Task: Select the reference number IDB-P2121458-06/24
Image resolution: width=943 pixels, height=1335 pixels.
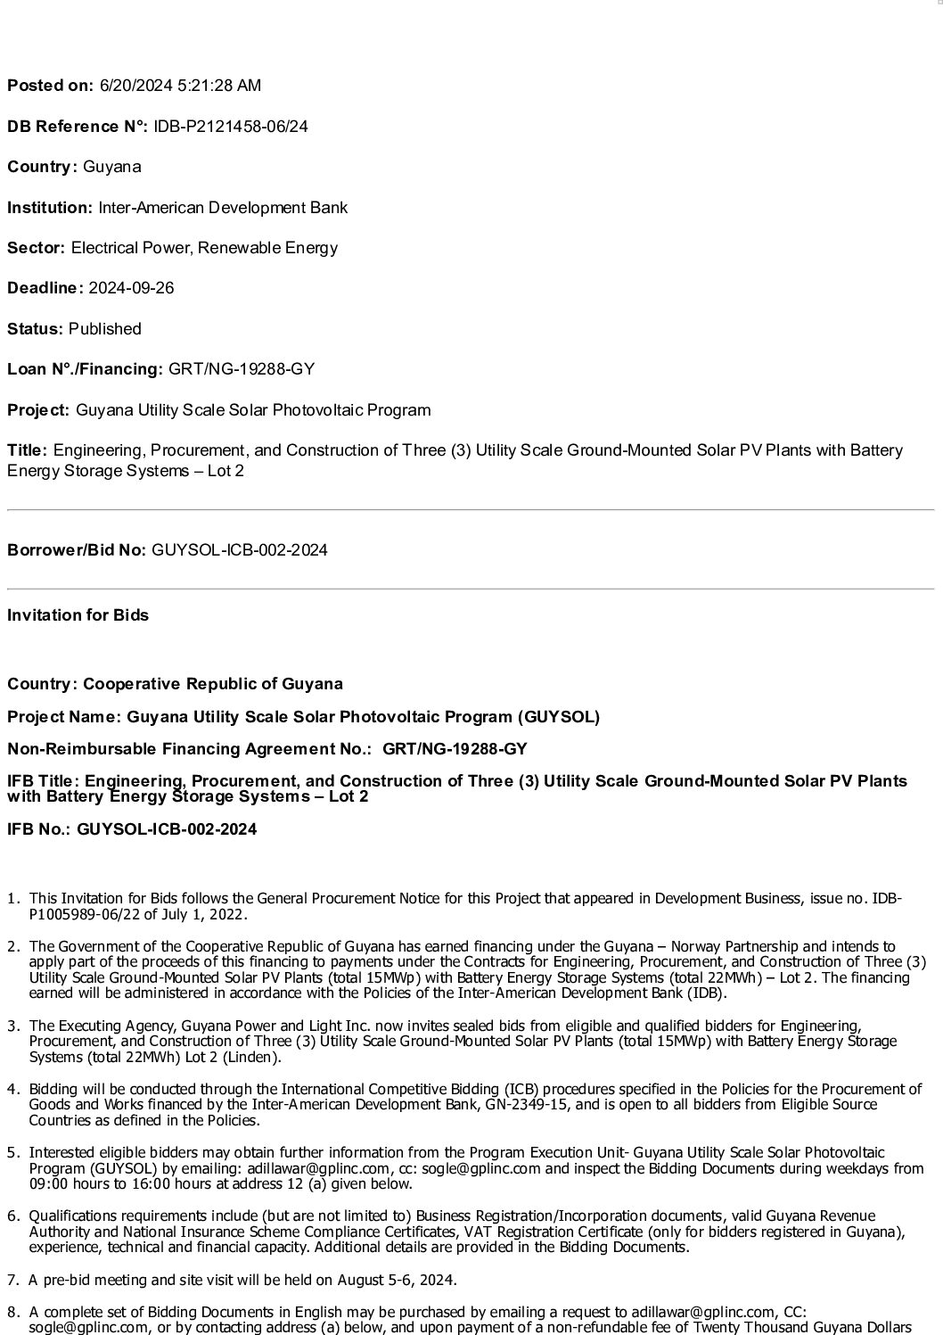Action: point(230,127)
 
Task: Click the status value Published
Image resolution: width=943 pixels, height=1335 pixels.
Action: point(104,329)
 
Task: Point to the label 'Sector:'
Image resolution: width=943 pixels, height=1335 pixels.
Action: point(37,248)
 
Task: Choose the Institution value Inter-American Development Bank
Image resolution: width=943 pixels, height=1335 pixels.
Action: point(223,208)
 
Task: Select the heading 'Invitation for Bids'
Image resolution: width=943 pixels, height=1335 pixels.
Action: point(78,615)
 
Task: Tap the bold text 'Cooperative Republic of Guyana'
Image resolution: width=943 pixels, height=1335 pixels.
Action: point(213,684)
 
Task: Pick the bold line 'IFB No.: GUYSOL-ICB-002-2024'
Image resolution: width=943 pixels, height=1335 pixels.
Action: point(132,829)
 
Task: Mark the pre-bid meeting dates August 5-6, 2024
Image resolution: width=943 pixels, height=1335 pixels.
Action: point(397,1281)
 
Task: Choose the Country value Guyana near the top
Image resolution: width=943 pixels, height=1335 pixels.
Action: point(111,167)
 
